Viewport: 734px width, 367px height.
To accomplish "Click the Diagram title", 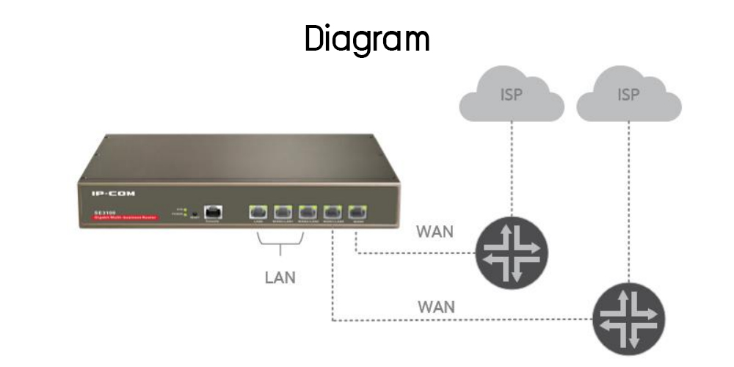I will point(367,38).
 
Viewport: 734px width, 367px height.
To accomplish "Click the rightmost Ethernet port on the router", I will point(358,211).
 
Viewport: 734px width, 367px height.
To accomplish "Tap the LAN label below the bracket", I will point(280,278).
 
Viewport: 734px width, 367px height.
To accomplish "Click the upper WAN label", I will point(435,233).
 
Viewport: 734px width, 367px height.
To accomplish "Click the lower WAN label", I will point(436,306).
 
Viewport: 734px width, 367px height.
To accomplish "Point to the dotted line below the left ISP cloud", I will point(512,169).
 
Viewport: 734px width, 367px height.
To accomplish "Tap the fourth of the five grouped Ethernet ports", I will point(333,211).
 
